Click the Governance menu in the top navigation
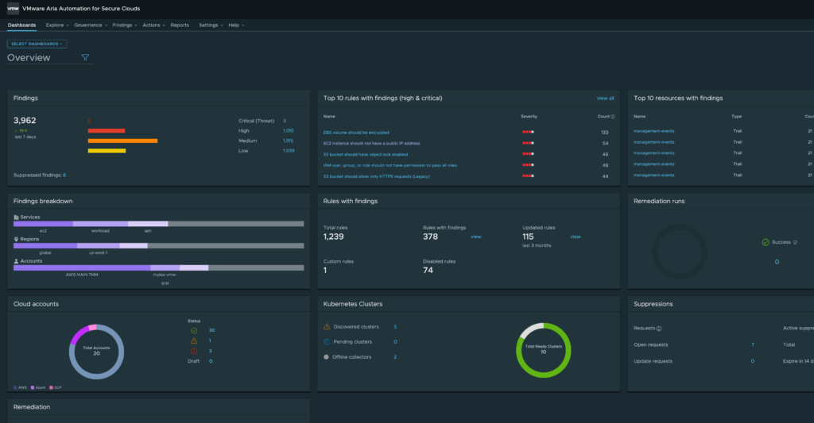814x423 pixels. tap(87, 25)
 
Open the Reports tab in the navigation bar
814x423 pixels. tap(180, 25)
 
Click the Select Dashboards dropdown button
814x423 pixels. tap(37, 44)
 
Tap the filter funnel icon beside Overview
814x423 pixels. tap(85, 57)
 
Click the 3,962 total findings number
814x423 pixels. tap(25, 121)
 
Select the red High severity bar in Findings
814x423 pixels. tap(107, 130)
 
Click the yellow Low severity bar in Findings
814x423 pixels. tap(107, 150)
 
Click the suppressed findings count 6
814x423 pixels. tap(64, 175)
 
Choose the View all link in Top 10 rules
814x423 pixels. tap(605, 98)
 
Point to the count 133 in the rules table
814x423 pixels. tap(604, 132)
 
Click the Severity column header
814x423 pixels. tap(529, 116)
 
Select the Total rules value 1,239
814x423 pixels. tap(334, 236)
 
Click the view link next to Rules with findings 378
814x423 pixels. tap(475, 236)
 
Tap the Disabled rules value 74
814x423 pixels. tap(428, 270)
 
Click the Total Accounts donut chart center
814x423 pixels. tap(95, 352)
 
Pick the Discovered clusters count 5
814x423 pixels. tap(395, 326)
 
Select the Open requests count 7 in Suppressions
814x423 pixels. tap(752, 344)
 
